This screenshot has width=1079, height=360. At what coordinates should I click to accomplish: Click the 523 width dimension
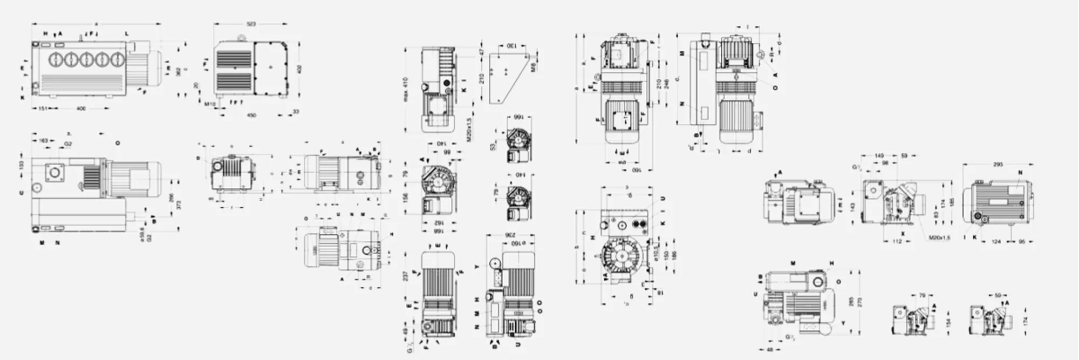251,24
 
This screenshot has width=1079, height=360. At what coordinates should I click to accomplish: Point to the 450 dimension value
251,115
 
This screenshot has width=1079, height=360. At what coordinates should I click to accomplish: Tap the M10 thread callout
210,103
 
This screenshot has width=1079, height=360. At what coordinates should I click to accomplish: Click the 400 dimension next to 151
81,108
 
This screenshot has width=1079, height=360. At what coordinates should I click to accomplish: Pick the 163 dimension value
44,141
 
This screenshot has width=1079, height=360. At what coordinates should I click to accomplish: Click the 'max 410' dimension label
405,90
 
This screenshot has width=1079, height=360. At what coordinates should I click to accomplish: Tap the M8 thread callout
532,67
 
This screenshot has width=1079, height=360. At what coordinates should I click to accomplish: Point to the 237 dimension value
405,276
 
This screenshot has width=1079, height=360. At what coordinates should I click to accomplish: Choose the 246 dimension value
666,84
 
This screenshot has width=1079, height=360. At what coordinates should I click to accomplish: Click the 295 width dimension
998,164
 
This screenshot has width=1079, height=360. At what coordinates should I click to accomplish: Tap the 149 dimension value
880,155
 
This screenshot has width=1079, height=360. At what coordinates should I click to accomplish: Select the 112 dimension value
897,241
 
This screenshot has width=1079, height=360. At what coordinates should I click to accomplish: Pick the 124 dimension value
996,241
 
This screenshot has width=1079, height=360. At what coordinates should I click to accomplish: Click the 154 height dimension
948,322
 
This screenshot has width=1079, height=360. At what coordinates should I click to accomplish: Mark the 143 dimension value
853,207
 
